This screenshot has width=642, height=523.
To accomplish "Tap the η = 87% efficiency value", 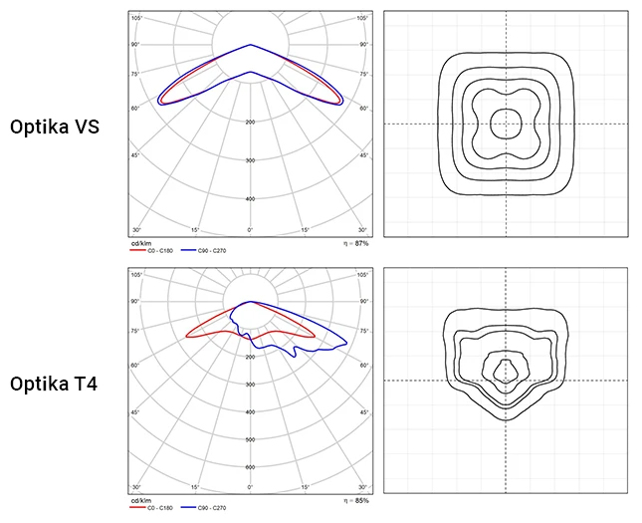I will click(354, 242).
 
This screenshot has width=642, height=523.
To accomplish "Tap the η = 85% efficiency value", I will click(354, 500).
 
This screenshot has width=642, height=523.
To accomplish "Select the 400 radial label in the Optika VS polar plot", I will click(250, 198).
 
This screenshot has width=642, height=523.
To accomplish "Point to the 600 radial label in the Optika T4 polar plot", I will click(250, 466).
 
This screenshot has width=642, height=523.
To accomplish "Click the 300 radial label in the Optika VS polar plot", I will click(250, 160).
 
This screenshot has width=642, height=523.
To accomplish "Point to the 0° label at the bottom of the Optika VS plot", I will click(250, 231).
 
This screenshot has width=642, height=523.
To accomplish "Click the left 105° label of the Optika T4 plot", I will click(136, 274).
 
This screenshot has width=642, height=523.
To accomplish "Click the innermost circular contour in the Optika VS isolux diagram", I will click(506, 124).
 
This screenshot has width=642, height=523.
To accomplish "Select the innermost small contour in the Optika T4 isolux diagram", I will click(506, 370).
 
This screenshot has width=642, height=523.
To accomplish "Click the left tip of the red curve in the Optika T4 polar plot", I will click(186, 337).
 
